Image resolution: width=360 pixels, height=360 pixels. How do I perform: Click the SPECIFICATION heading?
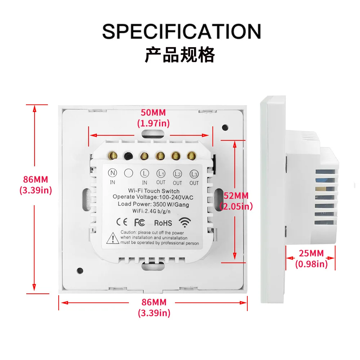(x=181, y=31)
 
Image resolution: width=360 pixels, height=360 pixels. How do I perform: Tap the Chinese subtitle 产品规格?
(x=180, y=55)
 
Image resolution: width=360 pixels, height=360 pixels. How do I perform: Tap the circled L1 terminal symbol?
(x=161, y=174)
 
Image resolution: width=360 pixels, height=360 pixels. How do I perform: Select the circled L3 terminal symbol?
(x=194, y=174)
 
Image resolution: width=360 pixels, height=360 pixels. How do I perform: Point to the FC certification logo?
(x=139, y=222)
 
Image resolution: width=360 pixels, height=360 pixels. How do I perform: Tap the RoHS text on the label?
(x=163, y=223)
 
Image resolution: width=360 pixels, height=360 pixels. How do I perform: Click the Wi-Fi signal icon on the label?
(x=185, y=222)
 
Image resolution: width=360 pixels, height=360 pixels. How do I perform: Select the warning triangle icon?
(x=113, y=238)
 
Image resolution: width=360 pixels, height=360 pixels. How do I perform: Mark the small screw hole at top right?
(x=225, y=127)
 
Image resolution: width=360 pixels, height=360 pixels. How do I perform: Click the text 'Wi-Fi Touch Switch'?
(x=154, y=191)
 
